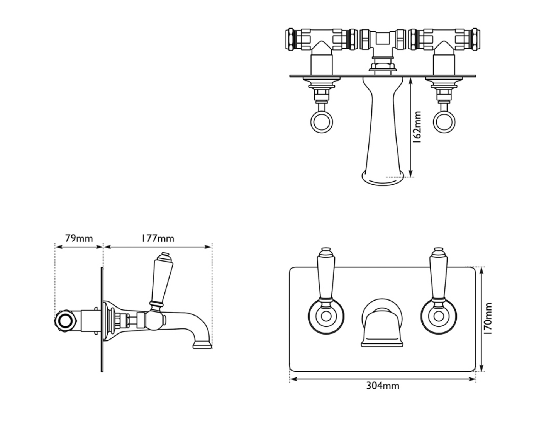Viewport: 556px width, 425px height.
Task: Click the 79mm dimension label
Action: click(79, 238)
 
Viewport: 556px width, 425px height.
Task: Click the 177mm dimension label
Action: click(158, 238)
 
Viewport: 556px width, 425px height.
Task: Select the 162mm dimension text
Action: click(417, 127)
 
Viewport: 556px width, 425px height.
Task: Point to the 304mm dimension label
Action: click(383, 386)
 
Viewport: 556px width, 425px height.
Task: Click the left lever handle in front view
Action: click(325, 274)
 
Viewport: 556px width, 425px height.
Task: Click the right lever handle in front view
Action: click(438, 274)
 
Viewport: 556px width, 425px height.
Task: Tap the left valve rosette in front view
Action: click(326, 316)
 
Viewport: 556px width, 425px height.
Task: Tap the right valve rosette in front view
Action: click(439, 316)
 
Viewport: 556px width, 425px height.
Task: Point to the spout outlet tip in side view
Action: click(202, 345)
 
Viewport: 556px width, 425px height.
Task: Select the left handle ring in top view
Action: click(321, 122)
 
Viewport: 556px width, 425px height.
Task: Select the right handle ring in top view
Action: click(444, 122)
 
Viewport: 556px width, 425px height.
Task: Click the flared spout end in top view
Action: click(382, 178)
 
